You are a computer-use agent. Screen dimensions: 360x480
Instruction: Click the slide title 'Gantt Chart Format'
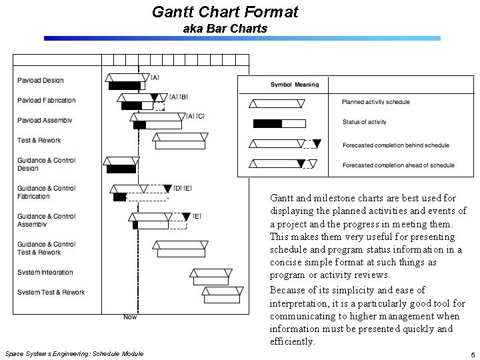225,12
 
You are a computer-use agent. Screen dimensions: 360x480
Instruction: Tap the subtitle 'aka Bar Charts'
225,29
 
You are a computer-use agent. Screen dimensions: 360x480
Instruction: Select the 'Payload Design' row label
41,81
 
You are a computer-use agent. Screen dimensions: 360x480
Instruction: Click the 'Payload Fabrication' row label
47,101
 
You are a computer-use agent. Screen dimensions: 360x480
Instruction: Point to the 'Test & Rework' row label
39,141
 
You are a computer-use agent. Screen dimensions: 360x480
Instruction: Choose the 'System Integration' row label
45,273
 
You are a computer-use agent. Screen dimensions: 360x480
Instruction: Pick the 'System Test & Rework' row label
51,293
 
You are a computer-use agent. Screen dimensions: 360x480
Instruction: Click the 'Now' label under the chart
130,317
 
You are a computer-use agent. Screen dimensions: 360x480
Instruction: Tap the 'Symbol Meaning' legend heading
295,85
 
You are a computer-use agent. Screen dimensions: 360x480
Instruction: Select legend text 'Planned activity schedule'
376,102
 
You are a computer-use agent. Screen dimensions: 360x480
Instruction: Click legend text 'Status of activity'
364,122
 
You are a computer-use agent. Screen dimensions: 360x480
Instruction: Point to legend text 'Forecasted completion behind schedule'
395,145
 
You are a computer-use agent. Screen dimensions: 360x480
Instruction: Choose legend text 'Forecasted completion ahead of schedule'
398,165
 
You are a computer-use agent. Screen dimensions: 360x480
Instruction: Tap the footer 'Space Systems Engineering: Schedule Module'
73,353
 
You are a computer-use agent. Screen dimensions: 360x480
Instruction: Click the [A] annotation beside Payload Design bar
155,78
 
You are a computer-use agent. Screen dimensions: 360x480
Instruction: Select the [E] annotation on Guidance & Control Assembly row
197,216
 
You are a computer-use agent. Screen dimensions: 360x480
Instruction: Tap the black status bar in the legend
267,123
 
